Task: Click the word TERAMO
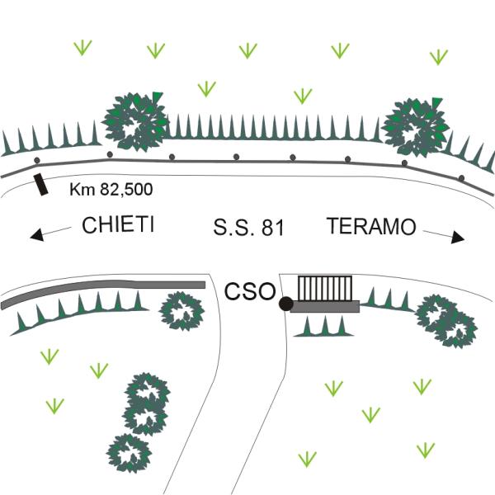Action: [x=371, y=226]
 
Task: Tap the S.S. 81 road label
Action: [x=248, y=228]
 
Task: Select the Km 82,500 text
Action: [x=111, y=190]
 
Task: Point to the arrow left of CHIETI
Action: [x=49, y=234]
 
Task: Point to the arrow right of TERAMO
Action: [x=445, y=236]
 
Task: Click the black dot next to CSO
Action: [x=286, y=304]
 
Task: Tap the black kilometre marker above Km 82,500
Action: [x=40, y=185]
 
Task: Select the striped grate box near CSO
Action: [x=325, y=288]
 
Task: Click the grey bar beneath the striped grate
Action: [x=325, y=306]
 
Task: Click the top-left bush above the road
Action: [x=136, y=122]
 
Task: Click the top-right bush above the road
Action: [x=417, y=125]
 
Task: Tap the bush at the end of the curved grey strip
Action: [x=181, y=311]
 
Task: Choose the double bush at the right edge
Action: [x=445, y=319]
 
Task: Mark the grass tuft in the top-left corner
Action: [x=81, y=47]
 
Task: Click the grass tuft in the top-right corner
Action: [x=438, y=56]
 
